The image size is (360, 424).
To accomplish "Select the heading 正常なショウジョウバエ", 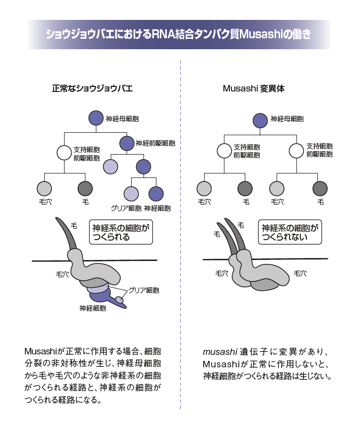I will [92, 89].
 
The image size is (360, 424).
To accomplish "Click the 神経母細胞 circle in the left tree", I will [96, 118].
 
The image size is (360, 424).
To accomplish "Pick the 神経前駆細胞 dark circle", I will [127, 143].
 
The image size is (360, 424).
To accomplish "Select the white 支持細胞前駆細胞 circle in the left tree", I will [65, 152].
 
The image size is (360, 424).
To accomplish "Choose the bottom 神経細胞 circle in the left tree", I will [156, 193].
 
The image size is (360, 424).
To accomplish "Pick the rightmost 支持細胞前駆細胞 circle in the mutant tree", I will [296, 150].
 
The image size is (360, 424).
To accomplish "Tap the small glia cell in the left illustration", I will [120, 300].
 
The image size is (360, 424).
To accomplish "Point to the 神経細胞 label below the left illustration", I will [92, 308].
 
